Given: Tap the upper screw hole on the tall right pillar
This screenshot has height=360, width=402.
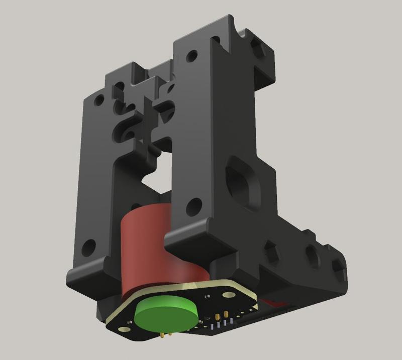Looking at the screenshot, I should [191, 56].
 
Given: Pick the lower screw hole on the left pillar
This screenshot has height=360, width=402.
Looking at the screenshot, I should [88, 246].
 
